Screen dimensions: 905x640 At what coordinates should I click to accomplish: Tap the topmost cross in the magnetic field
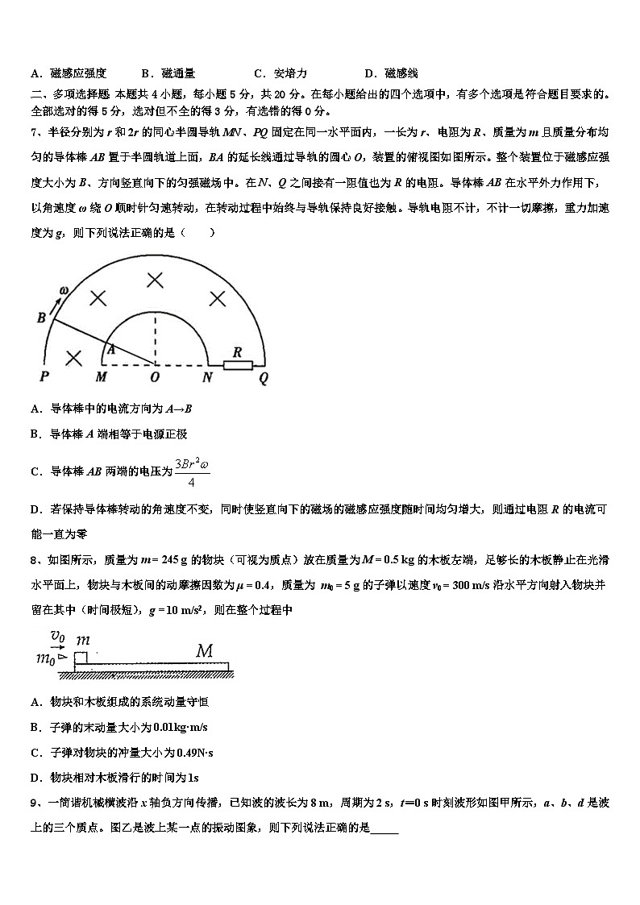pos(154,280)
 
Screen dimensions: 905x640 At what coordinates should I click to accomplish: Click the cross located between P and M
pos(73,357)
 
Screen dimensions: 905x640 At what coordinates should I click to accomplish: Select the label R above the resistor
pos(237,352)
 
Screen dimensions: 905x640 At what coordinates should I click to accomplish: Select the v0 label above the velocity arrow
pos(57,635)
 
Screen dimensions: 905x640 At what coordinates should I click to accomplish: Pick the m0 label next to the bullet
pos(45,659)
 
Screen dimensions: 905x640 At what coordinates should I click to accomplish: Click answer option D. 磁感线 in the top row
pos(391,73)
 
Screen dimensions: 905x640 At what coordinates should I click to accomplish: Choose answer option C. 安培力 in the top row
pos(280,73)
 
